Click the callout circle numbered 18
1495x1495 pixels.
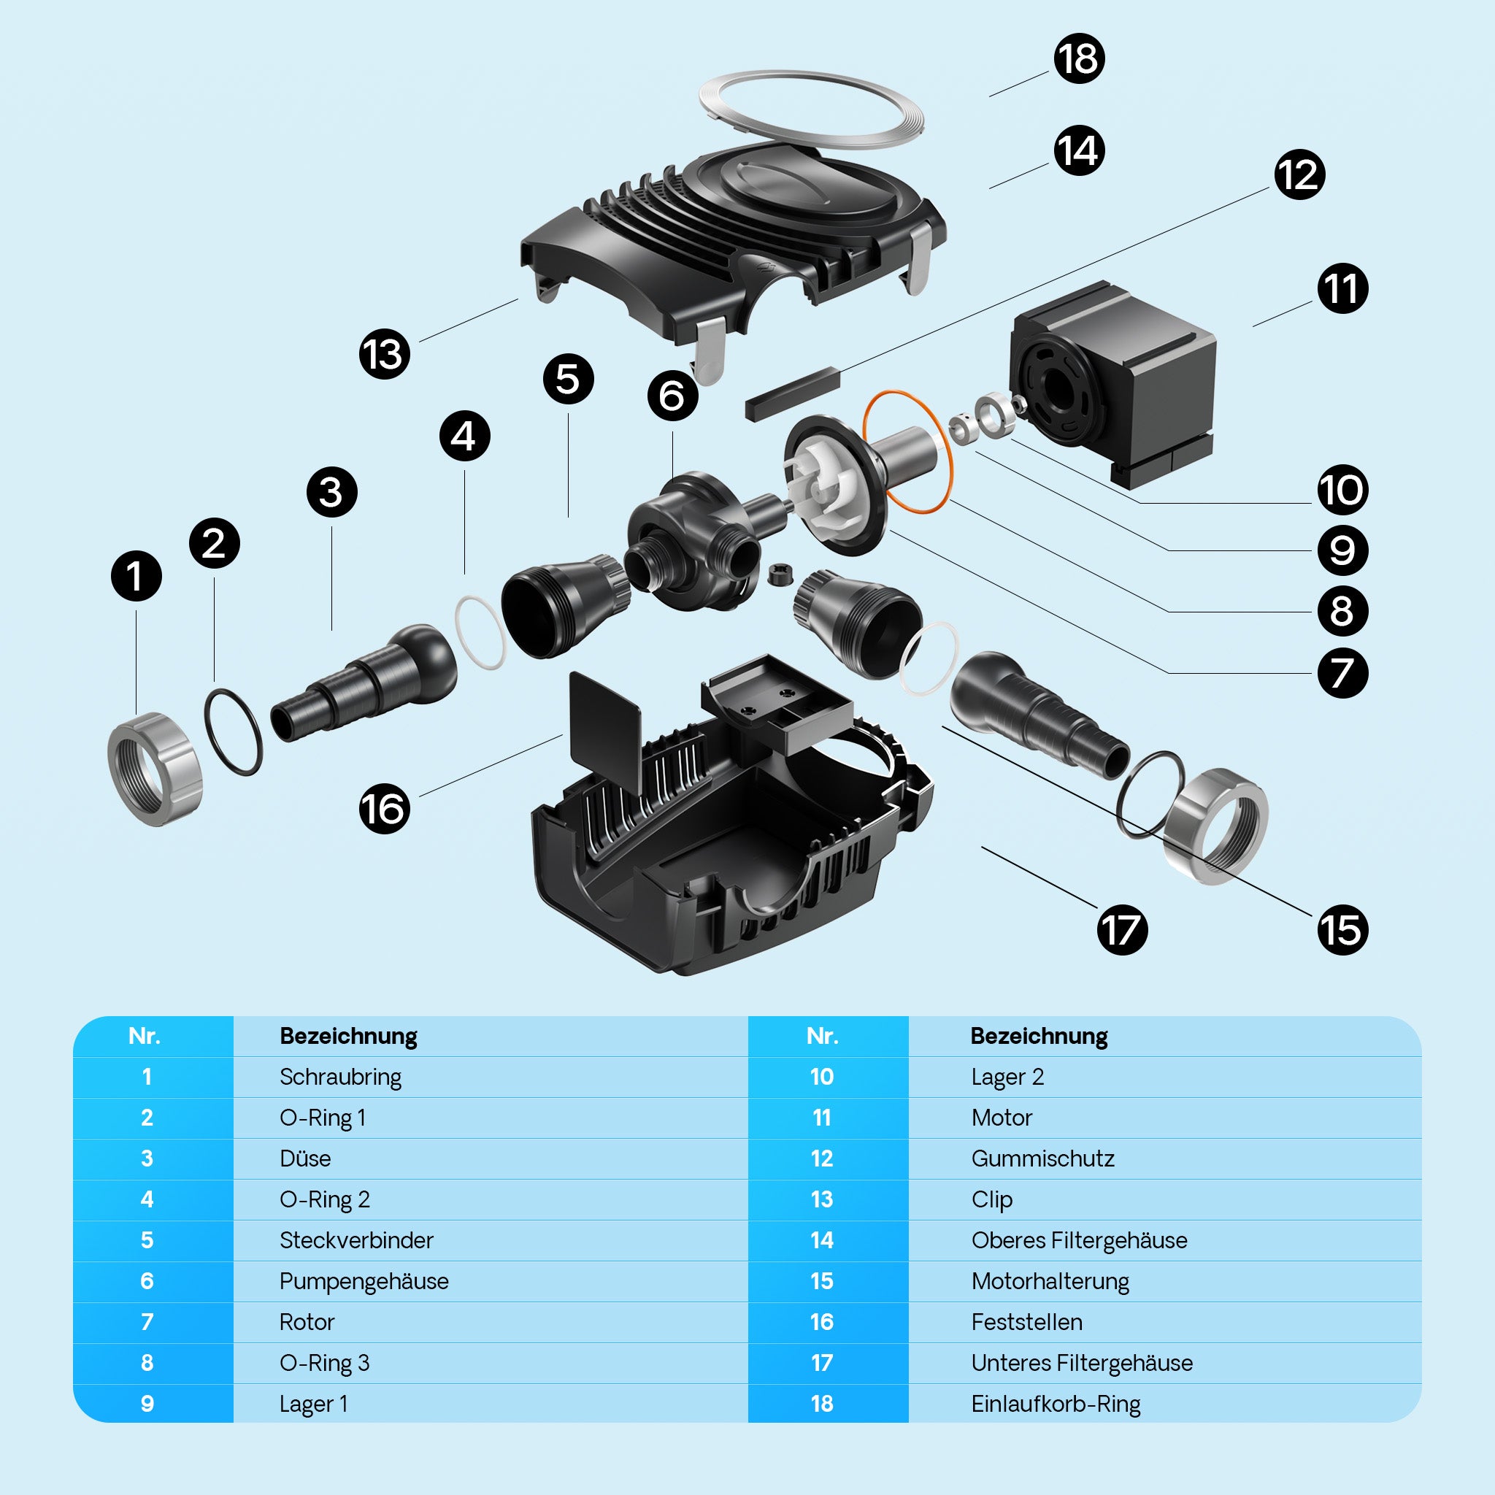1079,59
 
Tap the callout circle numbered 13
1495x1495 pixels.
385,354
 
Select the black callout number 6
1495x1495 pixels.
672,396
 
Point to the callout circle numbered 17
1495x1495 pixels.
1121,929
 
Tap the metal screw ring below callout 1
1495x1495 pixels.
154,769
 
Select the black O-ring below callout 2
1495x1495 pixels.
233,731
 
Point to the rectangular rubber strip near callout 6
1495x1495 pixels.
791,393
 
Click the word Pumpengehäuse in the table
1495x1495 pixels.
364,1280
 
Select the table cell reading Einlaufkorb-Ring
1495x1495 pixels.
1056,1404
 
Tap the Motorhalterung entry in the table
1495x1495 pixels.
1050,1280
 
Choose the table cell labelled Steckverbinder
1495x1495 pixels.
356,1240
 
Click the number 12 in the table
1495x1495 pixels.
822,1158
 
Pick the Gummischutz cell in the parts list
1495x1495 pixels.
1042,1158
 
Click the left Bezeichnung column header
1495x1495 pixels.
348,1036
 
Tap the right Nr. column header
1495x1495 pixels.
822,1036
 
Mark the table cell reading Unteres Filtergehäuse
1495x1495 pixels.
1081,1363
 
